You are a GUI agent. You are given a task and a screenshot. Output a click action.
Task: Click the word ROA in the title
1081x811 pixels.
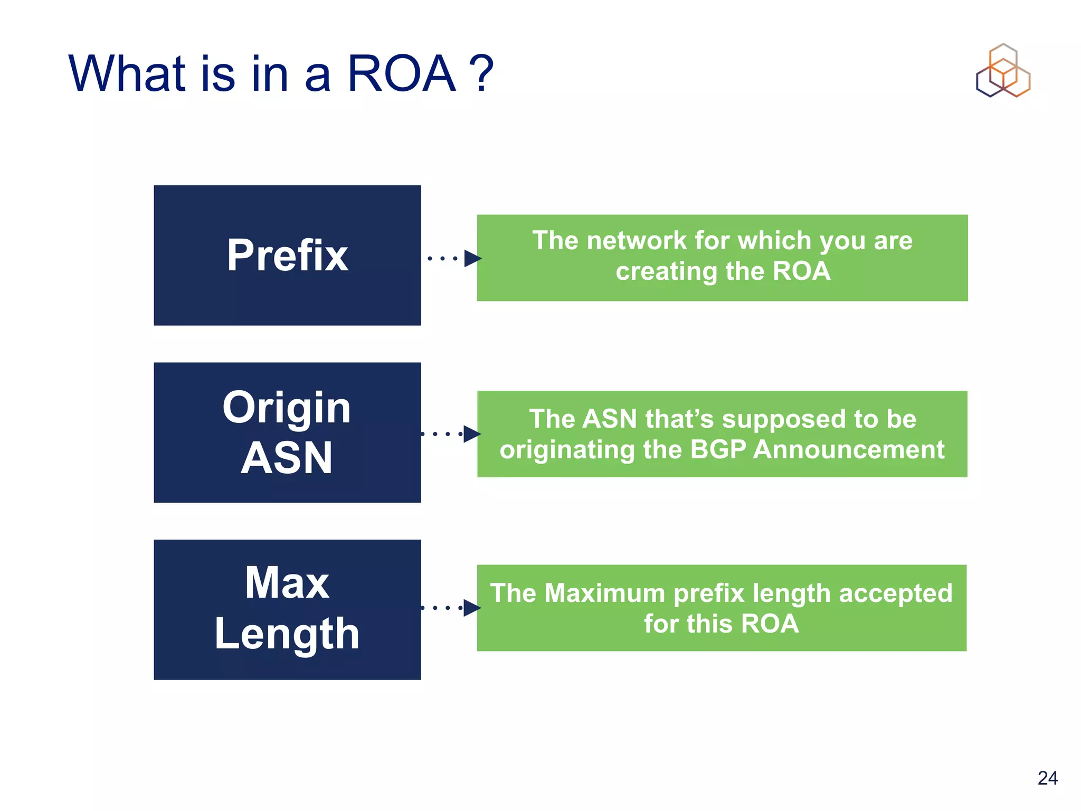(401, 74)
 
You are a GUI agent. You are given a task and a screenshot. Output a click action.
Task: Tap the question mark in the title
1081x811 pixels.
(482, 74)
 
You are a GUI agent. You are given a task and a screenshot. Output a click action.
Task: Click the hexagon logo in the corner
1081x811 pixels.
(1003, 71)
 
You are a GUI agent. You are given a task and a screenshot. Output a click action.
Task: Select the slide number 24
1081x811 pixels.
(1047, 778)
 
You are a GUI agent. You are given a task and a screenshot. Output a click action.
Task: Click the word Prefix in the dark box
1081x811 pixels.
(287, 256)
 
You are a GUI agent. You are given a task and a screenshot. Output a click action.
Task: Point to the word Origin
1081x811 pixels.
(287, 408)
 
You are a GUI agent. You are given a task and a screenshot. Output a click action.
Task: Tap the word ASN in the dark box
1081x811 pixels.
(287, 458)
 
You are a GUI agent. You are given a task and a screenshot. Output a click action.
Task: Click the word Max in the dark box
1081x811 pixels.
(287, 582)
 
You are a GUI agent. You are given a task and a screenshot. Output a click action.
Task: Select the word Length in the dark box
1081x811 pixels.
(287, 634)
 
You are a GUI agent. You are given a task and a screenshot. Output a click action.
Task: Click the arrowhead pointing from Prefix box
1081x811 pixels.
(472, 258)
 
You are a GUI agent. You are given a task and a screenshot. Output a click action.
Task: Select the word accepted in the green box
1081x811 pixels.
(896, 593)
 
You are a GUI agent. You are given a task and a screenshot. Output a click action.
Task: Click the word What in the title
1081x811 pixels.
(127, 74)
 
